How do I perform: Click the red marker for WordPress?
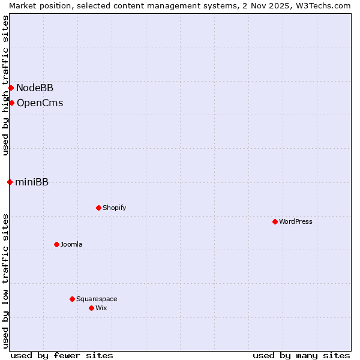point(275,221)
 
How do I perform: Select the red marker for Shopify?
point(98,208)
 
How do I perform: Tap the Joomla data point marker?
point(56,244)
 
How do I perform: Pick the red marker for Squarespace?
point(72,299)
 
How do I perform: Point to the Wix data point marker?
point(91,308)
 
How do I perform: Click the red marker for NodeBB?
point(11,88)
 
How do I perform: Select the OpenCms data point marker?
point(11,103)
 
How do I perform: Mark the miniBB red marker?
point(10,182)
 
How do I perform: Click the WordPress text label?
point(296,221)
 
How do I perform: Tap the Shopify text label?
point(114,208)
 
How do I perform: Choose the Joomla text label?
point(71,244)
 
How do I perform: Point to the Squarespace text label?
point(97,299)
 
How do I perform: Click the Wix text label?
point(101,308)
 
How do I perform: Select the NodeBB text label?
point(35,88)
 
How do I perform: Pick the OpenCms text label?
point(40,103)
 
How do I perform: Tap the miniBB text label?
point(32,182)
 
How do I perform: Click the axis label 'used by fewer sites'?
point(62,355)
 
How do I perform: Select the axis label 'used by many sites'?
point(301,355)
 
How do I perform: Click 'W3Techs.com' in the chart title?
point(326,5)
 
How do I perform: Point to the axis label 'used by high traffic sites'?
point(5,85)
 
